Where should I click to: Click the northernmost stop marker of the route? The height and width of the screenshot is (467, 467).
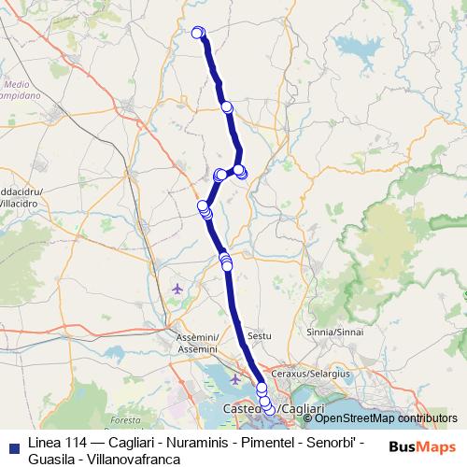click(x=197, y=33)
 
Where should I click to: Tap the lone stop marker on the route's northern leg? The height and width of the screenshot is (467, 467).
click(x=227, y=106)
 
